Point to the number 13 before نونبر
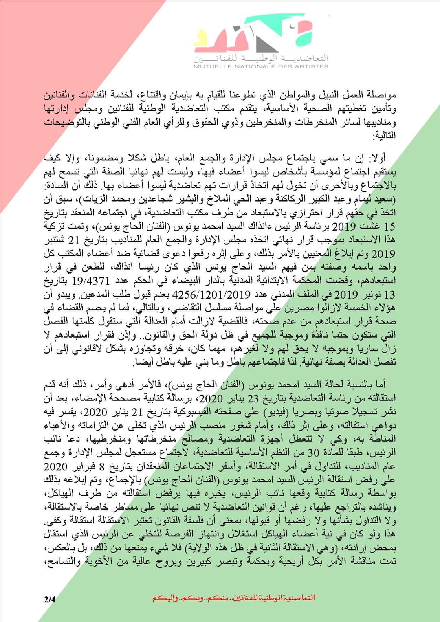point(389,294)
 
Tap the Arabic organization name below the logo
point(261,57)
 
